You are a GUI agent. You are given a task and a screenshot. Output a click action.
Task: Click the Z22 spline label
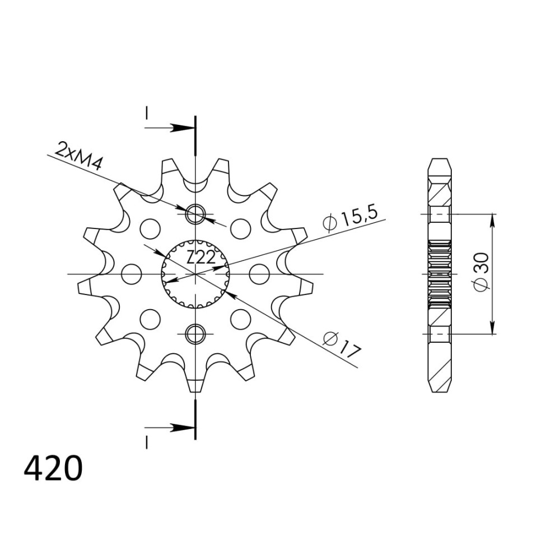point(200,258)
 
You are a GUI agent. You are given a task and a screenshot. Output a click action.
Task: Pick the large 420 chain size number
point(53,468)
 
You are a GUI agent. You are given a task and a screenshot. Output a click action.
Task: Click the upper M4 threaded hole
point(195,214)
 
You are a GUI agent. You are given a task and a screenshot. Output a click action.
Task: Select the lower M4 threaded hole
point(195,334)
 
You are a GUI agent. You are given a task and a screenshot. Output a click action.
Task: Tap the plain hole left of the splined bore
point(132,274)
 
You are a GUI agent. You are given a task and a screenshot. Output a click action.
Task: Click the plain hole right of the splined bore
point(259,274)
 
